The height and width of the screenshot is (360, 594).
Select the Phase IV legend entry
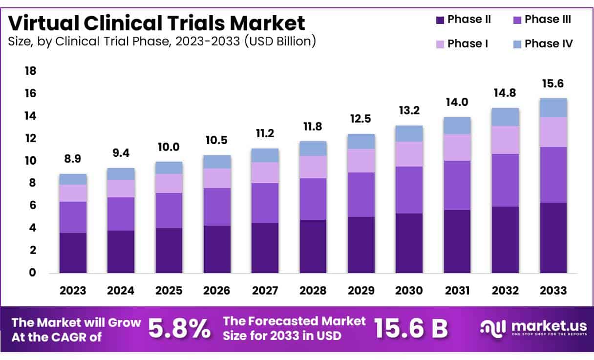coord(542,44)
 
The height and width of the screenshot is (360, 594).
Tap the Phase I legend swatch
coord(439,44)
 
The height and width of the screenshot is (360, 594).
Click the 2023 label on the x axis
coord(73,291)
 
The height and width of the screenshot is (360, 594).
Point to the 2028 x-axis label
coord(313,291)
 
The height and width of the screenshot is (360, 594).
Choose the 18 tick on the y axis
coord(30,71)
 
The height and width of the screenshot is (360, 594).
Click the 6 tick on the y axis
coord(33,206)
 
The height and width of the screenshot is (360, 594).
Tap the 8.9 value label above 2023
coord(73,160)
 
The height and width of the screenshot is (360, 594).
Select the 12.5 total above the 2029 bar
coord(361,119)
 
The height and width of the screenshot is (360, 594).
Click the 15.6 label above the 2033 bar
coord(553,84)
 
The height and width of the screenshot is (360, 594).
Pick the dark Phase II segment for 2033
coord(553,238)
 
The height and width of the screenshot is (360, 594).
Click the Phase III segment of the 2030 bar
coord(409,190)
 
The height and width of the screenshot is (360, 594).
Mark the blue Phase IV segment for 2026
coord(217,162)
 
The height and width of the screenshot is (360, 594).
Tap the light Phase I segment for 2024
coord(121,189)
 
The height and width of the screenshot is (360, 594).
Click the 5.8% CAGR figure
coord(179,329)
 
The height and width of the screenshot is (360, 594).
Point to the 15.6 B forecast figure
coord(410,329)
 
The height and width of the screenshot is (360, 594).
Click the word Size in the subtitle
coord(19,42)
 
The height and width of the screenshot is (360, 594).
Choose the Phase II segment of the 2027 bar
coord(265,248)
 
